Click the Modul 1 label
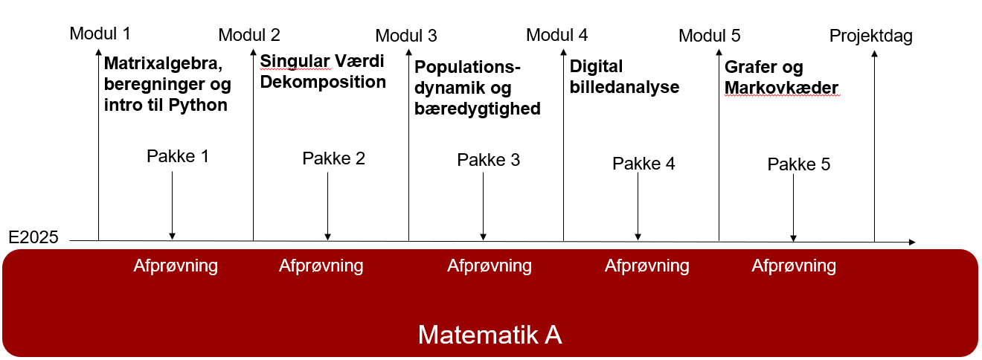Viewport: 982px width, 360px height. tap(100, 33)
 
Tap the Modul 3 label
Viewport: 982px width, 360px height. tap(406, 36)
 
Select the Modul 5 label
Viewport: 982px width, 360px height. tap(709, 36)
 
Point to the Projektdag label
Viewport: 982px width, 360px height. tap(870, 36)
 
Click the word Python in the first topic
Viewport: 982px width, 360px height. tap(198, 105)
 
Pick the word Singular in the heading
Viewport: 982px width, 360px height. tap(295, 62)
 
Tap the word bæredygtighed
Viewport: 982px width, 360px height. tap(478, 109)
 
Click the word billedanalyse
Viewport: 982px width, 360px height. tap(624, 87)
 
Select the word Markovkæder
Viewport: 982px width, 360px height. tap(781, 88)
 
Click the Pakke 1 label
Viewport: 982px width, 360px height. tap(178, 156)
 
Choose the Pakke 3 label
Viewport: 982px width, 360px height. tap(488, 160)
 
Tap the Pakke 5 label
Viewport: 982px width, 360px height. tap(799, 164)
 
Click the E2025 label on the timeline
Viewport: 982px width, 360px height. tap(33, 237)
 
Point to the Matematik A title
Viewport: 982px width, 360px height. tap(490, 335)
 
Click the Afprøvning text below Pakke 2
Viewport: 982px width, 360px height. tap(321, 266)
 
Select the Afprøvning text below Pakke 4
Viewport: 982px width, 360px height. tap(647, 266)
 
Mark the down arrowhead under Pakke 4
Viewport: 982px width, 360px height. tap(638, 237)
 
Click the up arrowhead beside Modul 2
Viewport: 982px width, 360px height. tap(253, 52)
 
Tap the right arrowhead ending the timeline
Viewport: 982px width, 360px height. tap(912, 242)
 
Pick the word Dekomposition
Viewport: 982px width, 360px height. tap(323, 82)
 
